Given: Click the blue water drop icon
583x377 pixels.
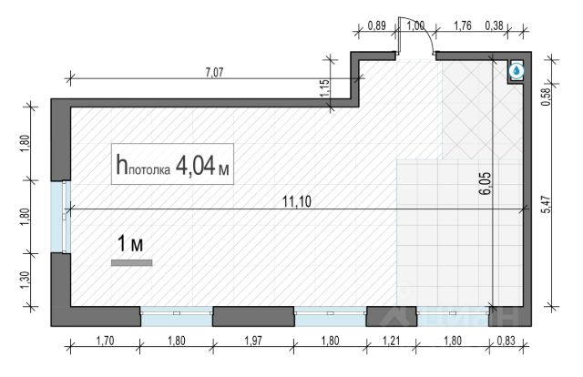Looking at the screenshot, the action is pos(516,70).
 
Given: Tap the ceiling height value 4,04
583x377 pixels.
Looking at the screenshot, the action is pos(197,165).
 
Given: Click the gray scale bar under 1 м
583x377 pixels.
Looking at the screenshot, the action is pos(132,262).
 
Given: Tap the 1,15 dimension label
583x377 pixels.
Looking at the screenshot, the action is pos(324,88).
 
